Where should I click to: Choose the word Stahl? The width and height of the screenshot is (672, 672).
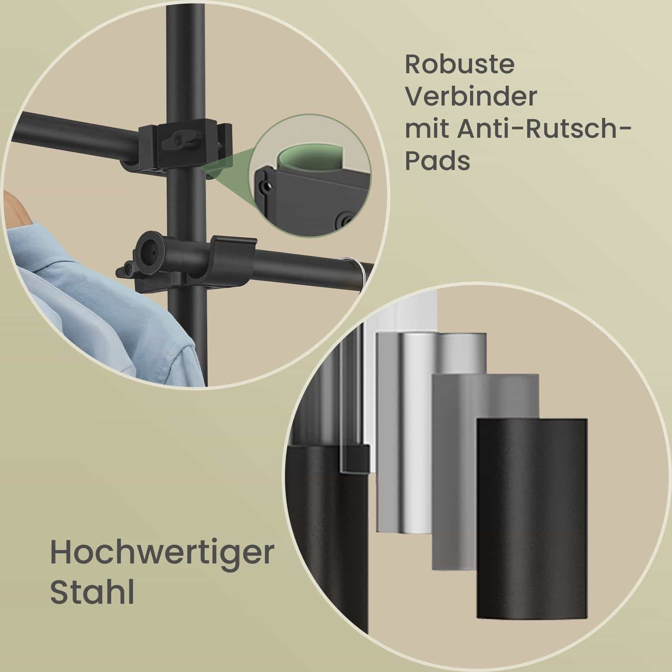pyautogui.click(x=92, y=587)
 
